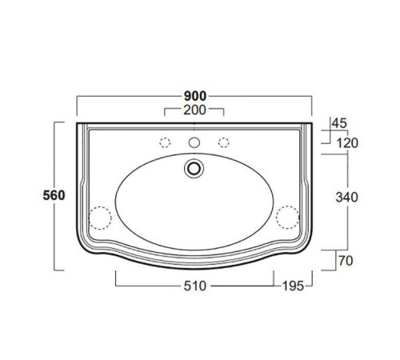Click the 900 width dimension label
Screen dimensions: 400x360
195,96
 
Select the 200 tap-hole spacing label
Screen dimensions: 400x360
194,110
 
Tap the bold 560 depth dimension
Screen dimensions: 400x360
54,195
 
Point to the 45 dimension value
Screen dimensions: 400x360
339,123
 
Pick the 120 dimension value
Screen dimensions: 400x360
347,143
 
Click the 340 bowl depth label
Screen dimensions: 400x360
346,198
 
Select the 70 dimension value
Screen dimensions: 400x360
346,261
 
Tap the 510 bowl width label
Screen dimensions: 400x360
195,286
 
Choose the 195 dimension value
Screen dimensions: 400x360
293,286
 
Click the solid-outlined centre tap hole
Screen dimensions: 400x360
194,142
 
